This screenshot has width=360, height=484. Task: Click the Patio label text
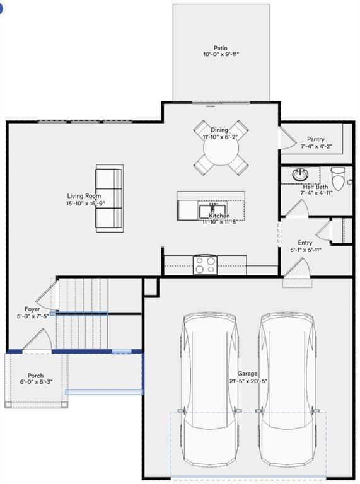(x=220, y=48)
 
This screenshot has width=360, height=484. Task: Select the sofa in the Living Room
(x=109, y=199)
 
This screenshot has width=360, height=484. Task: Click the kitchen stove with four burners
(x=204, y=264)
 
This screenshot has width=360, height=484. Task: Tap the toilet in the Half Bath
(x=339, y=178)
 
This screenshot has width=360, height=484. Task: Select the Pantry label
(x=316, y=139)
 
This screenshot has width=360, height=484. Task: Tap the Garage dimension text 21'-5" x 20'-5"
(x=247, y=381)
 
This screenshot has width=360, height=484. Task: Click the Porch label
(x=36, y=376)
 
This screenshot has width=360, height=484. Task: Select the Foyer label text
(x=32, y=309)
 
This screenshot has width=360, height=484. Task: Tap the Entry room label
(x=305, y=243)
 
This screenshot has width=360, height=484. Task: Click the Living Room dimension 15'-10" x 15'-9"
(x=84, y=204)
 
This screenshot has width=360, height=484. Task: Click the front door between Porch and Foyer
(x=37, y=342)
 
